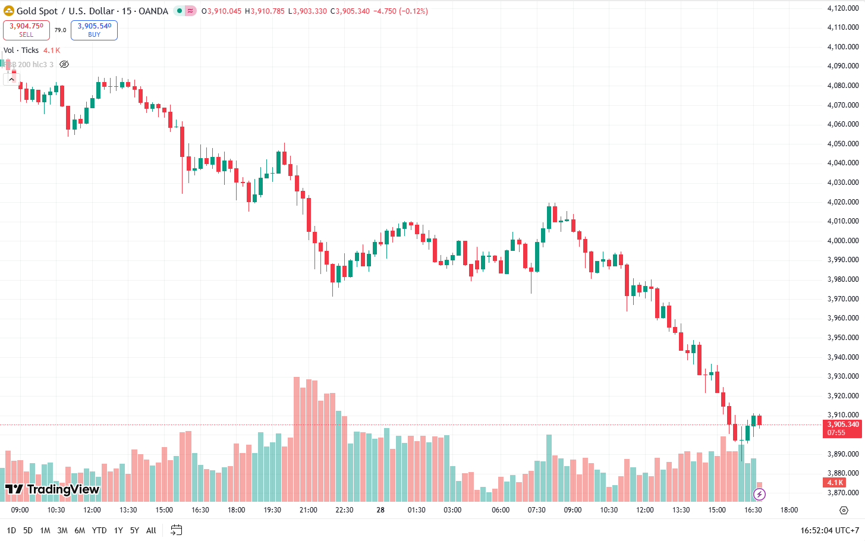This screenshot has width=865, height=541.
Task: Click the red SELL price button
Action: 26,30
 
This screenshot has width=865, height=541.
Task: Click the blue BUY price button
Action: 94,30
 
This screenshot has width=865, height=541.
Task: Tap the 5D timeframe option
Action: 28,530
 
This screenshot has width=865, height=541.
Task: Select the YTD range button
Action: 99,530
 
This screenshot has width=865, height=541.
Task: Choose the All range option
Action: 151,530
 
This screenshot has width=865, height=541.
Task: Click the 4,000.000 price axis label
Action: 843,240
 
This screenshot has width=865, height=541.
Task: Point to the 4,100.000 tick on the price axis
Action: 843,46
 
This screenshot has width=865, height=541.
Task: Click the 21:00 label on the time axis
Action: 308,510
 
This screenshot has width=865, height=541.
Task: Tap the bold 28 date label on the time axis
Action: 380,510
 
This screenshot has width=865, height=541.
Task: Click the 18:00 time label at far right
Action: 789,510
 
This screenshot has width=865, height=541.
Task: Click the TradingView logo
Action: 52,489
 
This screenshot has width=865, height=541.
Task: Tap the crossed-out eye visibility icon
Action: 64,64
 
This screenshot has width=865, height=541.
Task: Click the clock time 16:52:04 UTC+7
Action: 829,530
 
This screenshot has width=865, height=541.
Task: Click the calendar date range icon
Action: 176,530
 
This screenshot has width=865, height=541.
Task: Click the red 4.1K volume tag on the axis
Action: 835,482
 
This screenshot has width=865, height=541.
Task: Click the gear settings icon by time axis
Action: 844,510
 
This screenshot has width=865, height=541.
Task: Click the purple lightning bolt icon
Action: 759,494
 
